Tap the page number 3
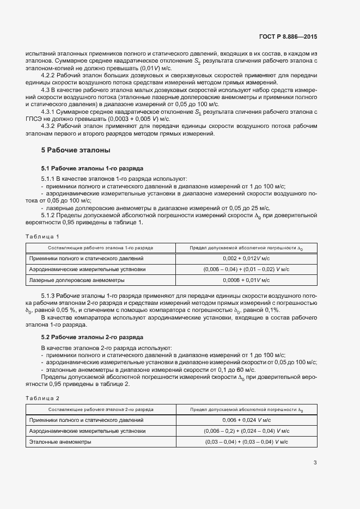pos(315,463)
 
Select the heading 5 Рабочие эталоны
pos(76,149)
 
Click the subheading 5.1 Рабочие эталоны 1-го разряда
pos(84,169)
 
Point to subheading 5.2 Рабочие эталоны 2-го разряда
pos(84,337)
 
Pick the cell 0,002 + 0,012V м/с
pos(246,258)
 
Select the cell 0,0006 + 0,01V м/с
pos(246,280)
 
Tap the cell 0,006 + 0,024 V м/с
pos(246,420)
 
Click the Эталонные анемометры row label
pos(60,442)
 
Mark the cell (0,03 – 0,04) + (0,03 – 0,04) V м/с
pos(246,442)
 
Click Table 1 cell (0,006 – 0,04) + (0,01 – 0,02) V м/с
pos(246,269)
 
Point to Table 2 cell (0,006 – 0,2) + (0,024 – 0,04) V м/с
pos(246,431)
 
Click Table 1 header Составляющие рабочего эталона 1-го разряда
pos(101,248)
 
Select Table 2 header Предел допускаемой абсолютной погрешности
pos(246,409)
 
